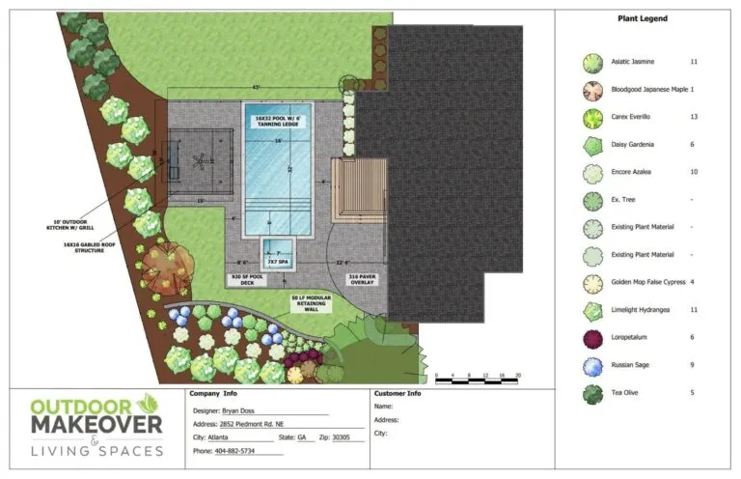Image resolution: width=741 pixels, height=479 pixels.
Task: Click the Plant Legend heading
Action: tap(642, 18)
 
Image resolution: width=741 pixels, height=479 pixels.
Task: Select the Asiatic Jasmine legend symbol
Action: tap(591, 63)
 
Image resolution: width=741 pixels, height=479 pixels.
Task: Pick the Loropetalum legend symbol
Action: tap(591, 338)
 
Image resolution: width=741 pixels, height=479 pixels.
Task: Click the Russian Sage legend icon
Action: tap(591, 366)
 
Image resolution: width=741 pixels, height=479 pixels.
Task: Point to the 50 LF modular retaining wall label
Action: tap(312, 304)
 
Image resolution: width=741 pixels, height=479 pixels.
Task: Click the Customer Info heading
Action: tap(397, 394)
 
